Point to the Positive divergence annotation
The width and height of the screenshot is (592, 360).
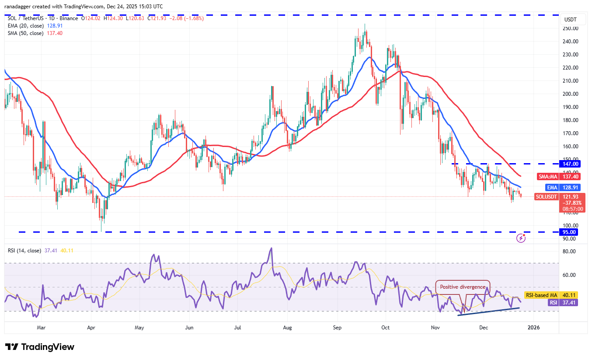463,287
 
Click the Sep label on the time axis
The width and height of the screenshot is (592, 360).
337,327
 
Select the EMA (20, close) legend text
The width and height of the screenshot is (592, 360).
25,26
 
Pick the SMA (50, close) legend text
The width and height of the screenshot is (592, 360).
25,33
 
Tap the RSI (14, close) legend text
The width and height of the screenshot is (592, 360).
24,251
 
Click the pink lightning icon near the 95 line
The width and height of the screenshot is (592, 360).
521,238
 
